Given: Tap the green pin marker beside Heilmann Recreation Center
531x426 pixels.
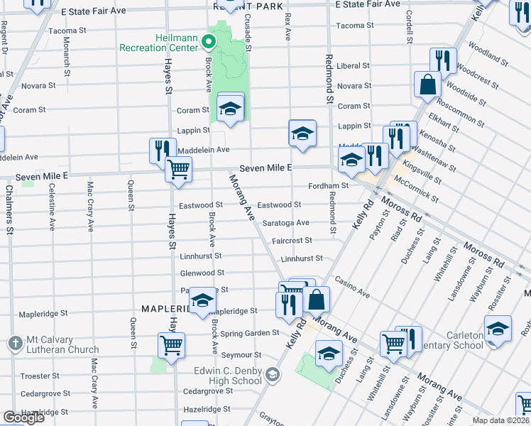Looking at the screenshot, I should click(209, 42).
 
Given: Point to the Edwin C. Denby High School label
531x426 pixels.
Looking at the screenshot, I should click(228, 376).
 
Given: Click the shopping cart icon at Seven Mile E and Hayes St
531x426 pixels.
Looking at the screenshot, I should click(178, 170).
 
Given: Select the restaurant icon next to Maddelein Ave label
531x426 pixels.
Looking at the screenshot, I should click(163, 150).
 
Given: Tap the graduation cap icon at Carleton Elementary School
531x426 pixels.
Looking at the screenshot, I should click(498, 329).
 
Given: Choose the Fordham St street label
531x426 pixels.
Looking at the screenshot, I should click(329, 186).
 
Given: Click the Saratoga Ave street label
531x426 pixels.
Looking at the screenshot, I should click(285, 223).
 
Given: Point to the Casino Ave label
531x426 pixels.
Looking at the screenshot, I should click(353, 288).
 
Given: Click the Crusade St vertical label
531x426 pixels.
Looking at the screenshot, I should click(248, 32).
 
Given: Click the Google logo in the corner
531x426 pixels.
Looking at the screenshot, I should click(23, 417).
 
